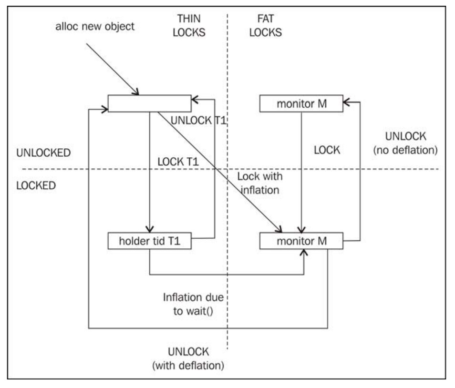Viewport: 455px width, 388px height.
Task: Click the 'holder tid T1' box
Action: coord(149,240)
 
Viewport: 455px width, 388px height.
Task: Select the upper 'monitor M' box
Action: coord(301,103)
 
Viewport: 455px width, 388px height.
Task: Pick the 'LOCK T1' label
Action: coord(177,162)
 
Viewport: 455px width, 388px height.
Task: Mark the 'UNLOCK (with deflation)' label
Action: coord(188,358)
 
